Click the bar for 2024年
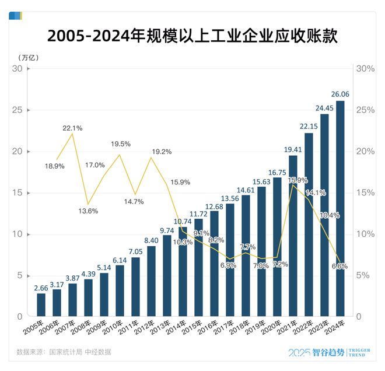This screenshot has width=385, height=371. pyautogui.click(x=340, y=208)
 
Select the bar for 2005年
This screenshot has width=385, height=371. pyautogui.click(x=41, y=304)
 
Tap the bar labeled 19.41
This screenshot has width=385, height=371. pyautogui.click(x=293, y=236)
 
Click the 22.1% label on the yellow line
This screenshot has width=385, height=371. pyautogui.click(x=72, y=127)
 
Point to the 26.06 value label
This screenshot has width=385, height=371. pyautogui.click(x=339, y=94)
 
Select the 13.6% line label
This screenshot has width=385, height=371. pyautogui.click(x=87, y=211)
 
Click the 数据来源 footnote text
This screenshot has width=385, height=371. pyautogui.click(x=64, y=352)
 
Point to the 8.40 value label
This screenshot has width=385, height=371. pyautogui.click(x=152, y=239)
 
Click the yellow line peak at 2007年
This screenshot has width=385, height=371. pyautogui.click(x=72, y=134)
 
